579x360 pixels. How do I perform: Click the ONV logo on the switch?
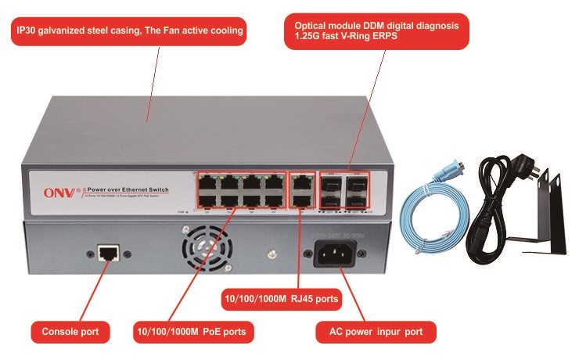[x=56, y=189]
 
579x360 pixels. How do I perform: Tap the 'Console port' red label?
[x=69, y=332]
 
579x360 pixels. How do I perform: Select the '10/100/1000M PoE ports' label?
[x=191, y=332]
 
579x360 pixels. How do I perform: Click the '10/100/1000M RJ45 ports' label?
[x=282, y=298]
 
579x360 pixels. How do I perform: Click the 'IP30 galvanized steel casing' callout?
[x=130, y=32]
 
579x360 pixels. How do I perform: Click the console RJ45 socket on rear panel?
[x=107, y=252]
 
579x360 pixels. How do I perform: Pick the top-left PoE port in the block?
[x=207, y=181]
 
